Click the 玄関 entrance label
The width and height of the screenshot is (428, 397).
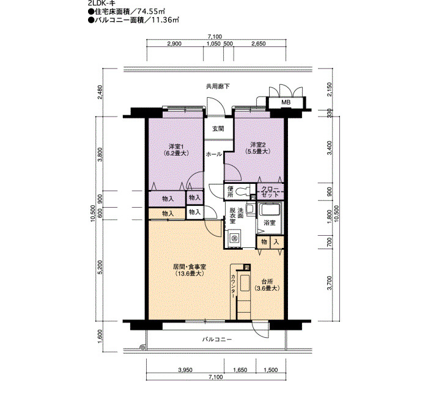(218, 129)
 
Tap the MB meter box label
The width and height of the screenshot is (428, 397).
(286, 102)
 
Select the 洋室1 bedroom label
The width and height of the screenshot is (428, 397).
(176, 146)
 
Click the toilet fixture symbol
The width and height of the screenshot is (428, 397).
(242, 192)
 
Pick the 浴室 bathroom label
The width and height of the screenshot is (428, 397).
(270, 223)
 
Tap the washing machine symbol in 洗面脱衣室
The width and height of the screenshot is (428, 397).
(234, 238)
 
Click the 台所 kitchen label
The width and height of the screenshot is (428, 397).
(267, 282)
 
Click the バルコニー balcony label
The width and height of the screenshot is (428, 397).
(217, 340)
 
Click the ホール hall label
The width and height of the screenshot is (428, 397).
(214, 155)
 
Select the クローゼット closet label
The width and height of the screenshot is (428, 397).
(270, 192)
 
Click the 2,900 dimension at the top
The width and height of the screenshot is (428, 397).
(174, 43)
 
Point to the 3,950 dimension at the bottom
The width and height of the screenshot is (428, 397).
(185, 370)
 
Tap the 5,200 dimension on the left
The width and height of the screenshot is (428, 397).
(100, 268)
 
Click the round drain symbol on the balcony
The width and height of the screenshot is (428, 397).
(142, 348)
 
